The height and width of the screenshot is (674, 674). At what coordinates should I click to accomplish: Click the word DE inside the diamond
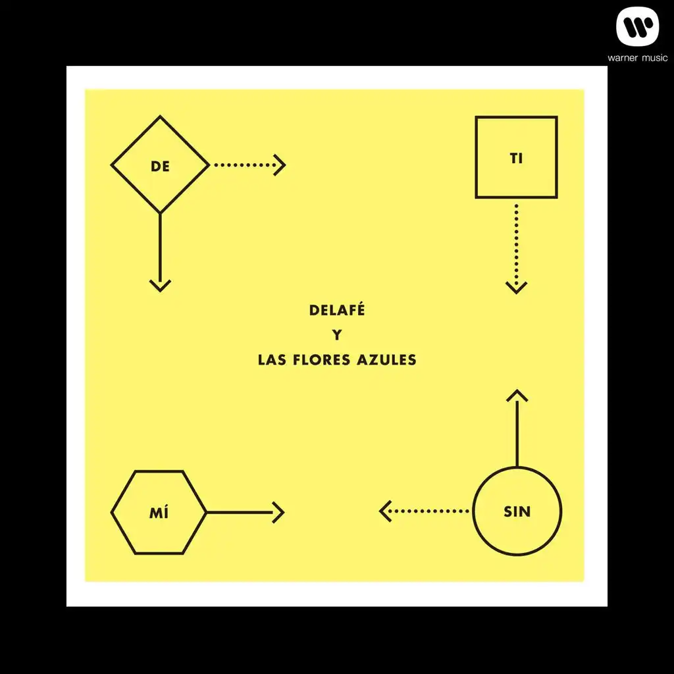[160, 167]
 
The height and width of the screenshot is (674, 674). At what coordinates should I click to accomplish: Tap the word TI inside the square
[516, 158]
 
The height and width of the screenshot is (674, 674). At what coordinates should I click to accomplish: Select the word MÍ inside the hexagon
[159, 512]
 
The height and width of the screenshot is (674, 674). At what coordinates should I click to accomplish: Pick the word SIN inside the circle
[517, 511]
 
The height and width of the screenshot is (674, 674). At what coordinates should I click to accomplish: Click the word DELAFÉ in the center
[337, 309]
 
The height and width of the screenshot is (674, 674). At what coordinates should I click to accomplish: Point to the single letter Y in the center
[337, 335]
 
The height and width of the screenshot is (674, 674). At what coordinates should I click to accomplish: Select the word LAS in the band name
[272, 360]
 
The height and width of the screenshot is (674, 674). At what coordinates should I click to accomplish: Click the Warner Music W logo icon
[637, 26]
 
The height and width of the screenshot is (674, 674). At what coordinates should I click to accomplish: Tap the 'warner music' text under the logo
[637, 58]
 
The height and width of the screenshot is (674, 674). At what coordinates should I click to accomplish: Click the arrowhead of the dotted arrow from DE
[280, 165]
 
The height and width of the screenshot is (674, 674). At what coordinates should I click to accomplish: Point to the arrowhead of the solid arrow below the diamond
[160, 286]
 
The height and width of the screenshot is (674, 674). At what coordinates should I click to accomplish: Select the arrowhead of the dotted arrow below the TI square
[516, 288]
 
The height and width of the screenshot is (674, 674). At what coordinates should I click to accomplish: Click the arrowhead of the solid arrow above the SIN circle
[517, 396]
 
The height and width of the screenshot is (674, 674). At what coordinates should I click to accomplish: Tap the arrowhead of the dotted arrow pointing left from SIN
[385, 511]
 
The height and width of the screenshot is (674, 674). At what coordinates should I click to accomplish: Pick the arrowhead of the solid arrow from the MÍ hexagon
[278, 512]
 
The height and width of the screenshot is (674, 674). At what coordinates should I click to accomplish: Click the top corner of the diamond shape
[160, 116]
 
